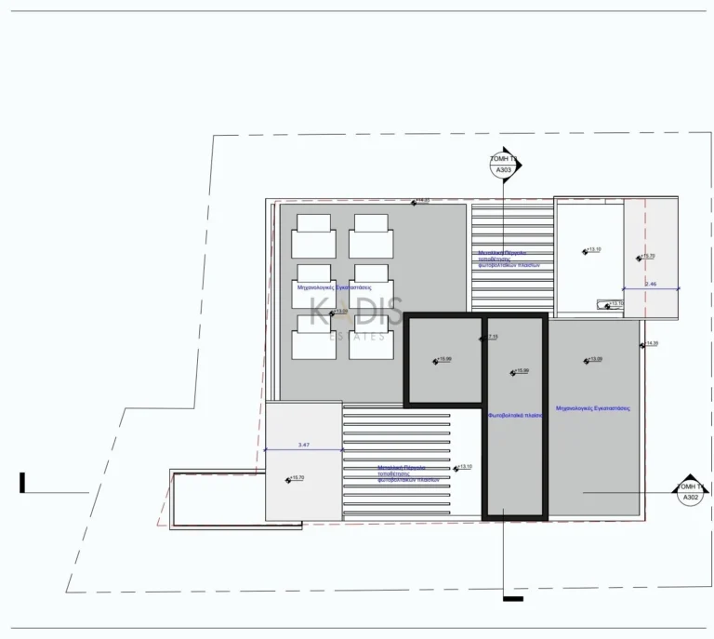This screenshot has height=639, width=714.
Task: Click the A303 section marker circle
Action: (x=502, y=165)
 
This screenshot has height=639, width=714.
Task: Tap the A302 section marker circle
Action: (x=690, y=491)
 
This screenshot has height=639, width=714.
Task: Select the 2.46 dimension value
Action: (x=651, y=284)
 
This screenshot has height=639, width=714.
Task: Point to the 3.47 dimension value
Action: (x=304, y=446)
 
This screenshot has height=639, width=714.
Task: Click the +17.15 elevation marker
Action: (x=490, y=338)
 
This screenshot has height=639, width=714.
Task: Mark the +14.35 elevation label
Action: (x=650, y=344)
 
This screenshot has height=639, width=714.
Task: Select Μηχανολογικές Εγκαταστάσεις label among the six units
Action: (x=328, y=288)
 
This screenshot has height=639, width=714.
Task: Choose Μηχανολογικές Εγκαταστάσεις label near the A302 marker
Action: (x=593, y=408)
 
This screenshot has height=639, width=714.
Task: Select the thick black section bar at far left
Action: (x=21, y=482)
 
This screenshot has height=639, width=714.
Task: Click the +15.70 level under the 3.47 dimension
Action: (x=297, y=478)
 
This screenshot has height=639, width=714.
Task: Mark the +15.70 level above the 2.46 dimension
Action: (x=645, y=257)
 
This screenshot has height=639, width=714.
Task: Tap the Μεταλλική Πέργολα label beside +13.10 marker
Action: (x=402, y=473)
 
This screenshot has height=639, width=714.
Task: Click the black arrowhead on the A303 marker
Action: (x=518, y=166)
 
